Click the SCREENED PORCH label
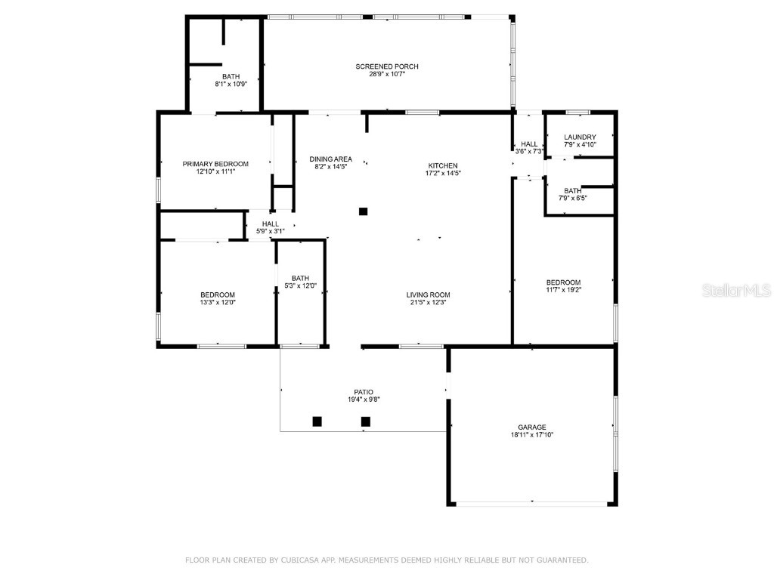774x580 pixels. click(x=387, y=66)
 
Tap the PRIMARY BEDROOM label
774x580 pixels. click(x=215, y=164)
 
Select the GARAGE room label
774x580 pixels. click(x=532, y=427)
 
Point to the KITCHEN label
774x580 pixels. click(x=443, y=165)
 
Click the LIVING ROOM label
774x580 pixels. click(x=428, y=295)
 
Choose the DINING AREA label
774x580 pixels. click(x=331, y=159)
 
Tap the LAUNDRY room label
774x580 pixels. click(x=580, y=137)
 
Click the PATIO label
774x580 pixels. click(x=364, y=392)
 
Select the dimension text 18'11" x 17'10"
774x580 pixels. click(x=532, y=435)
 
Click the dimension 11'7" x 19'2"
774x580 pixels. click(x=563, y=290)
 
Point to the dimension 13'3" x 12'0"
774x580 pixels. click(x=218, y=303)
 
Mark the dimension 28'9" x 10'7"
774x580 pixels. click(x=387, y=74)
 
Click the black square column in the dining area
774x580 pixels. click(x=364, y=211)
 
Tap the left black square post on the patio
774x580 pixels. click(x=317, y=421)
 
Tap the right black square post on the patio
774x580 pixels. click(x=366, y=421)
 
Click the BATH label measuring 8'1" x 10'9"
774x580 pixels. click(x=231, y=76)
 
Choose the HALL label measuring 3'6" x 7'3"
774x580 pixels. click(x=529, y=143)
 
